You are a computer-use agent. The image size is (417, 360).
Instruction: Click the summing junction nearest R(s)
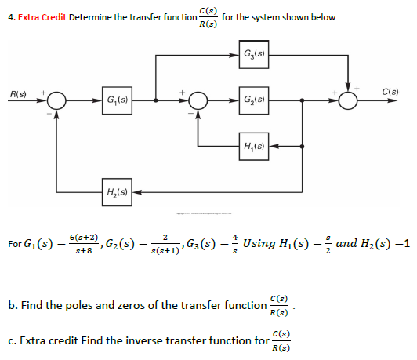tap(56, 100)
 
